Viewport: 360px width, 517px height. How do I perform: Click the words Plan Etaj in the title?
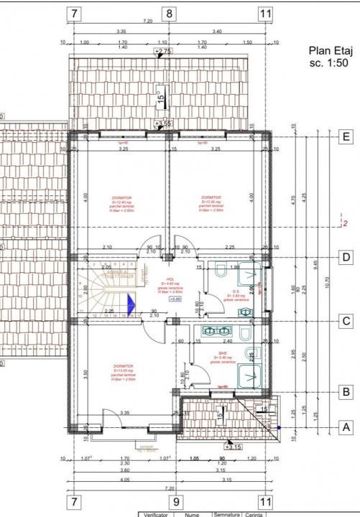click(x=328, y=50)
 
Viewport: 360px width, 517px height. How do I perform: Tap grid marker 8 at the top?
click(x=170, y=13)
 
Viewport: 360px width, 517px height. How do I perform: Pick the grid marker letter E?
click(x=346, y=136)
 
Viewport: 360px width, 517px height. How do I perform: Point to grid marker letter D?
click(x=346, y=256)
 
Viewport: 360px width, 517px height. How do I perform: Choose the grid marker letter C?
click(x=346, y=322)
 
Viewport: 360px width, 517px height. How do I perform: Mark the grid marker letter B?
click(x=346, y=391)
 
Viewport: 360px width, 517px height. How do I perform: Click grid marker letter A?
click(x=346, y=426)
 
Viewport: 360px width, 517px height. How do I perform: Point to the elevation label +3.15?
click(x=233, y=447)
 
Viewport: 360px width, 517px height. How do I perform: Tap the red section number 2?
click(x=346, y=223)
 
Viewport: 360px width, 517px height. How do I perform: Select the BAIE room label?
click(x=223, y=354)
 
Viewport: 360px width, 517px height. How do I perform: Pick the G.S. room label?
click(x=235, y=292)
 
